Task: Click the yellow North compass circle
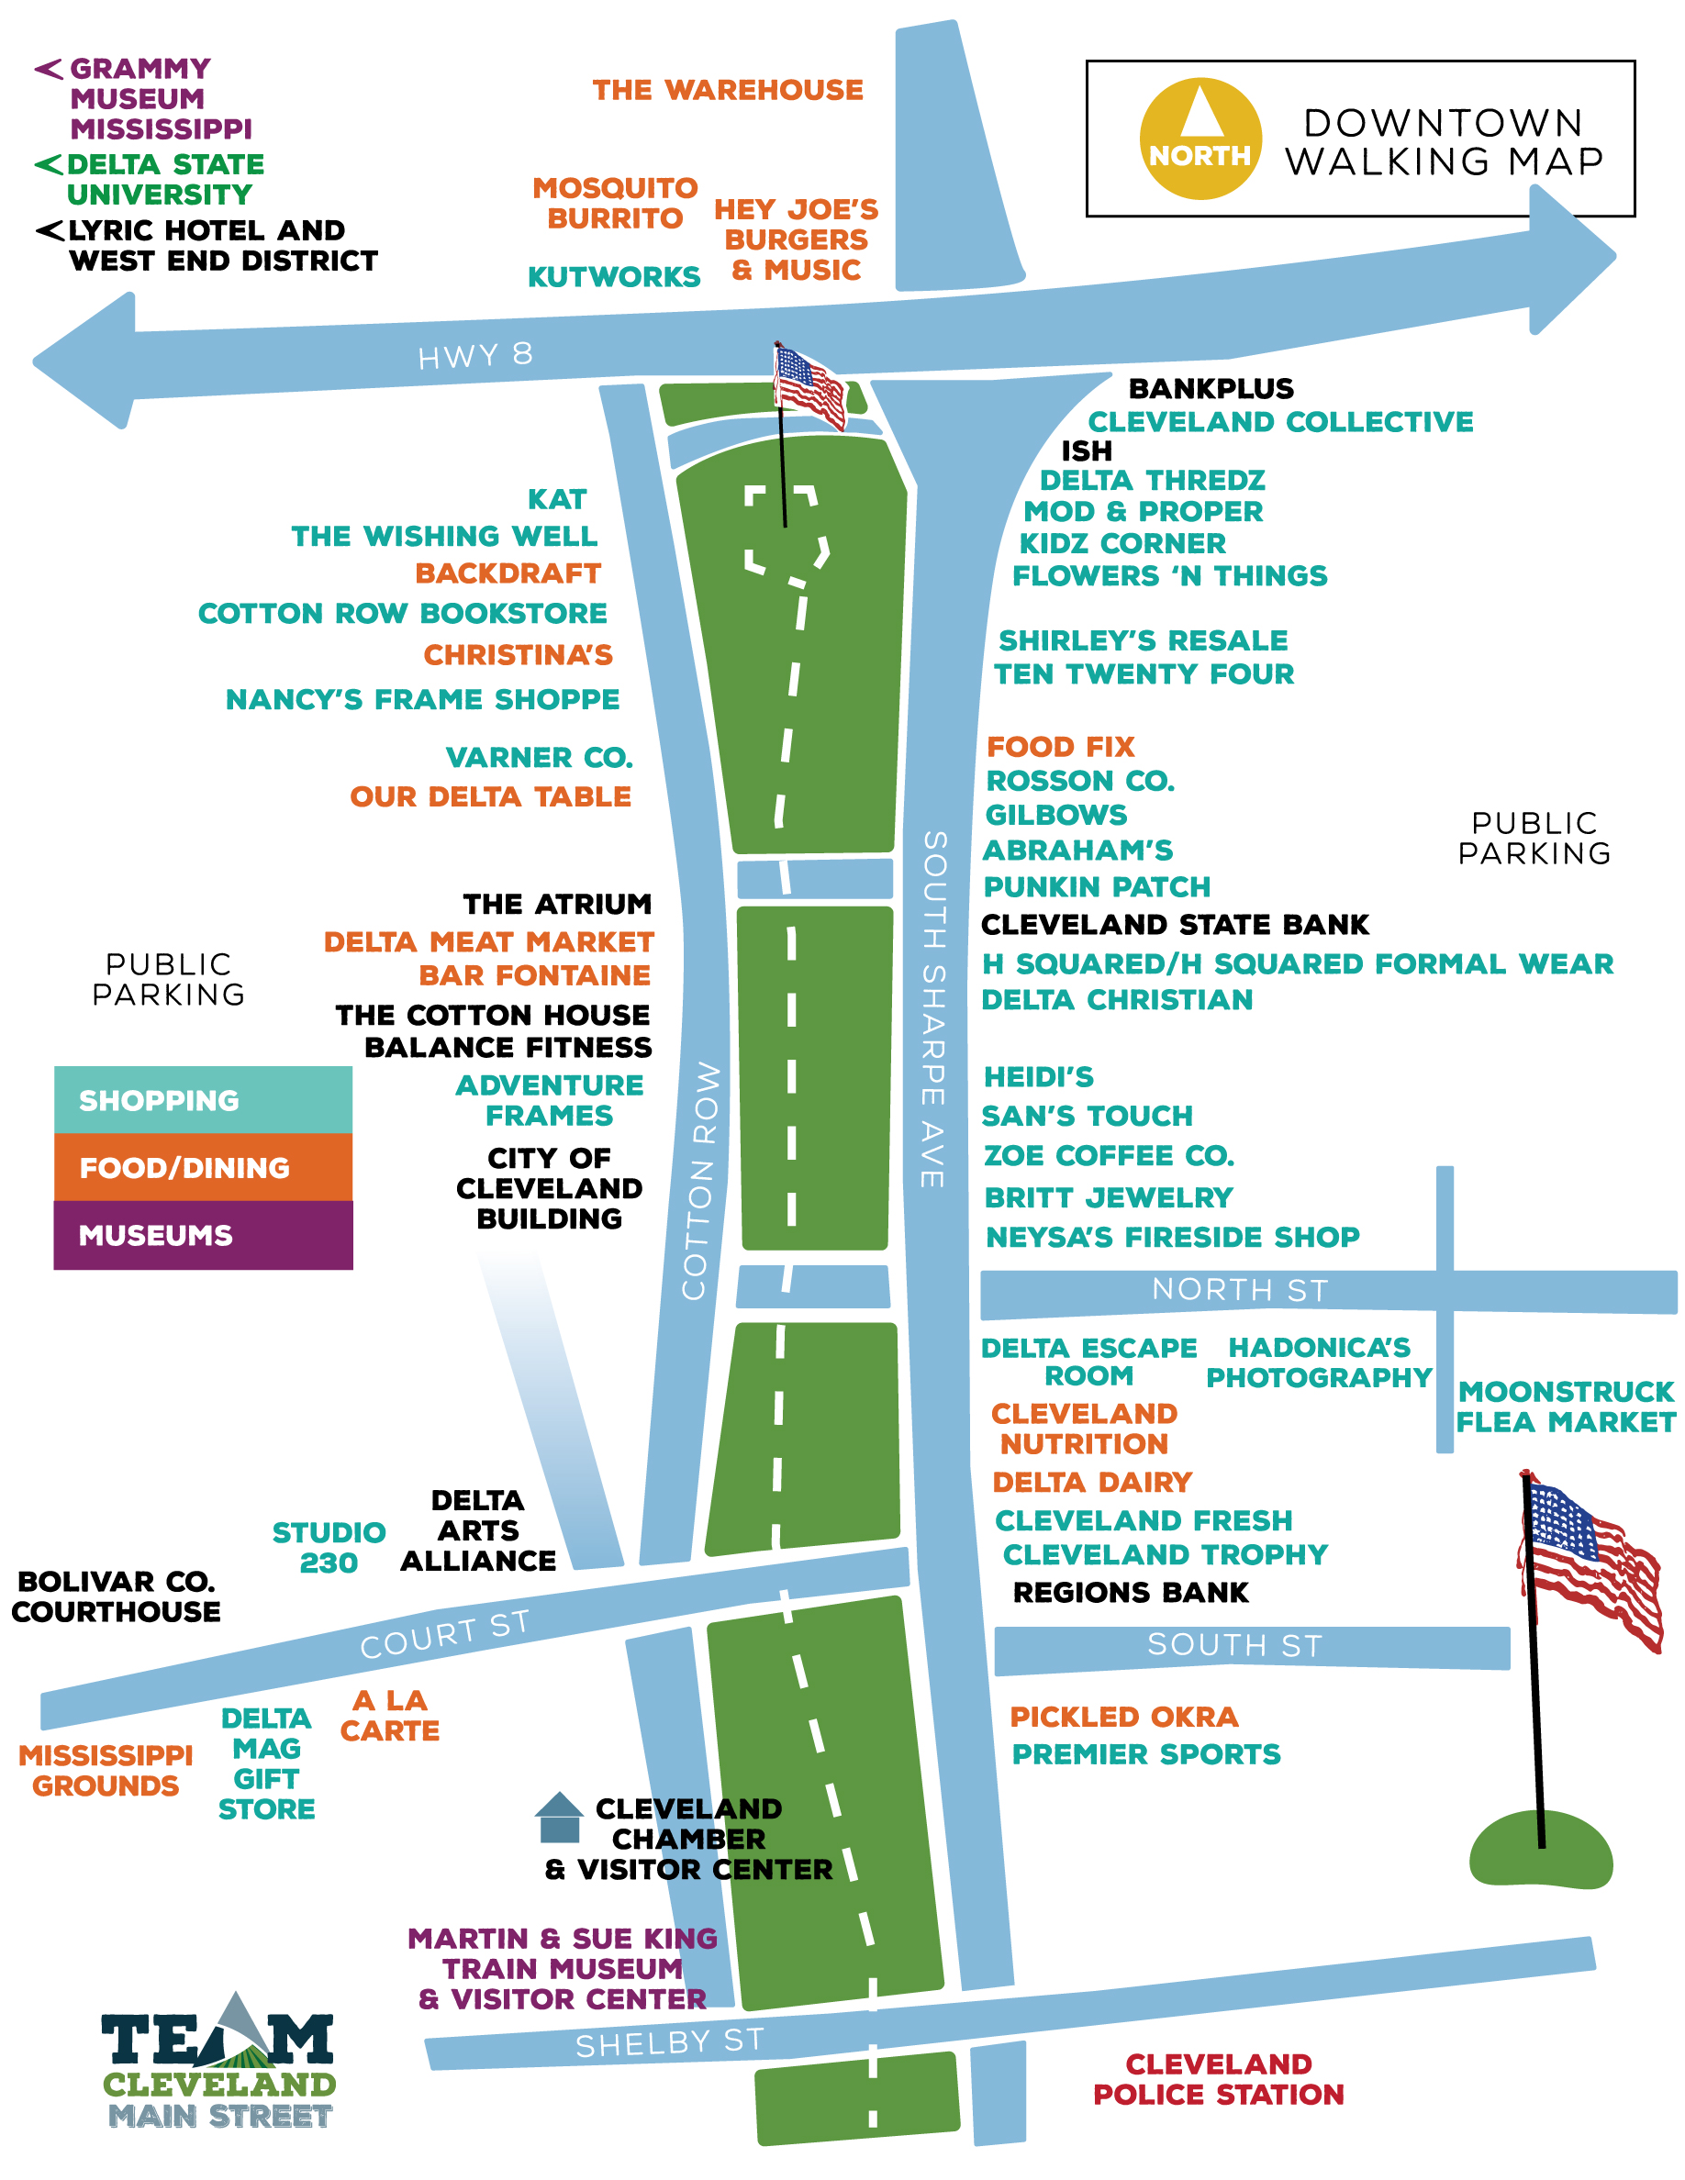(1200, 139)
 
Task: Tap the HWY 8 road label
(475, 355)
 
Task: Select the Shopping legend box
(203, 1100)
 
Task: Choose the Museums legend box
(203, 1235)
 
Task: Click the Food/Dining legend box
(203, 1167)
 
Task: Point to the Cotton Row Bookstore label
(402, 613)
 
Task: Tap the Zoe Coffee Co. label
(1109, 1155)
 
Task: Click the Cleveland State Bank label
(1175, 924)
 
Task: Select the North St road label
(1240, 1290)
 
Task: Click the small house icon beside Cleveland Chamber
(559, 1817)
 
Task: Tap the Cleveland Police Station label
(1219, 2079)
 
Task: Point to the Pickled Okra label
(1124, 1717)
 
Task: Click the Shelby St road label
(670, 2043)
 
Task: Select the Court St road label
(444, 1635)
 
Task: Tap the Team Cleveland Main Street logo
(218, 2063)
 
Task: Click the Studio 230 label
(329, 1547)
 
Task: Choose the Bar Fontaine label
(534, 975)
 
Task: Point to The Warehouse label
(728, 90)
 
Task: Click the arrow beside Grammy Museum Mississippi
(48, 69)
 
